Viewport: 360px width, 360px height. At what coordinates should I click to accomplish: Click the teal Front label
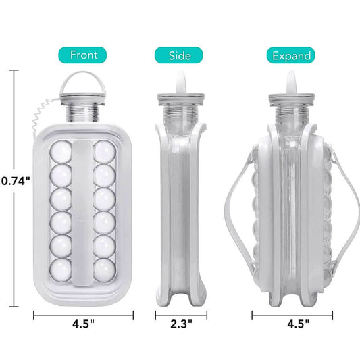coord(82,55)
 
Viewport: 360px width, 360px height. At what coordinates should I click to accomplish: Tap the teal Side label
coord(178,55)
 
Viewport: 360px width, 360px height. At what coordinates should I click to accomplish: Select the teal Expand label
coord(290,55)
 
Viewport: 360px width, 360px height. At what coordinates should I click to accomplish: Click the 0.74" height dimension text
coord(16,181)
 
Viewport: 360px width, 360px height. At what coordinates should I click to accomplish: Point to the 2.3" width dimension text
coord(182,324)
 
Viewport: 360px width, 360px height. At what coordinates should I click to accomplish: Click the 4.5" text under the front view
coord(83,324)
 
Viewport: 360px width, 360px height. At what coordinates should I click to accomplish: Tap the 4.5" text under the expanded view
coord(299,324)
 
